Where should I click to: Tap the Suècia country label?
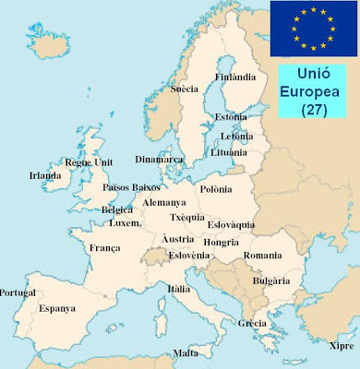[186, 89]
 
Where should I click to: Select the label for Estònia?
[230, 117]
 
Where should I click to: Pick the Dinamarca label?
[159, 158]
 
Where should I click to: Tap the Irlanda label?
[45, 175]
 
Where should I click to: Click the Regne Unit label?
[89, 162]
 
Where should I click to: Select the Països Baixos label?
[132, 187]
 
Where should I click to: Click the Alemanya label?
[164, 202]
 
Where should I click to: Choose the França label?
[104, 247]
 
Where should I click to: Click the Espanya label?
[58, 308]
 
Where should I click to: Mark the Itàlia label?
[179, 288]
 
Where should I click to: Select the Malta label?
[186, 353]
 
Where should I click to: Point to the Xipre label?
[341, 346]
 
